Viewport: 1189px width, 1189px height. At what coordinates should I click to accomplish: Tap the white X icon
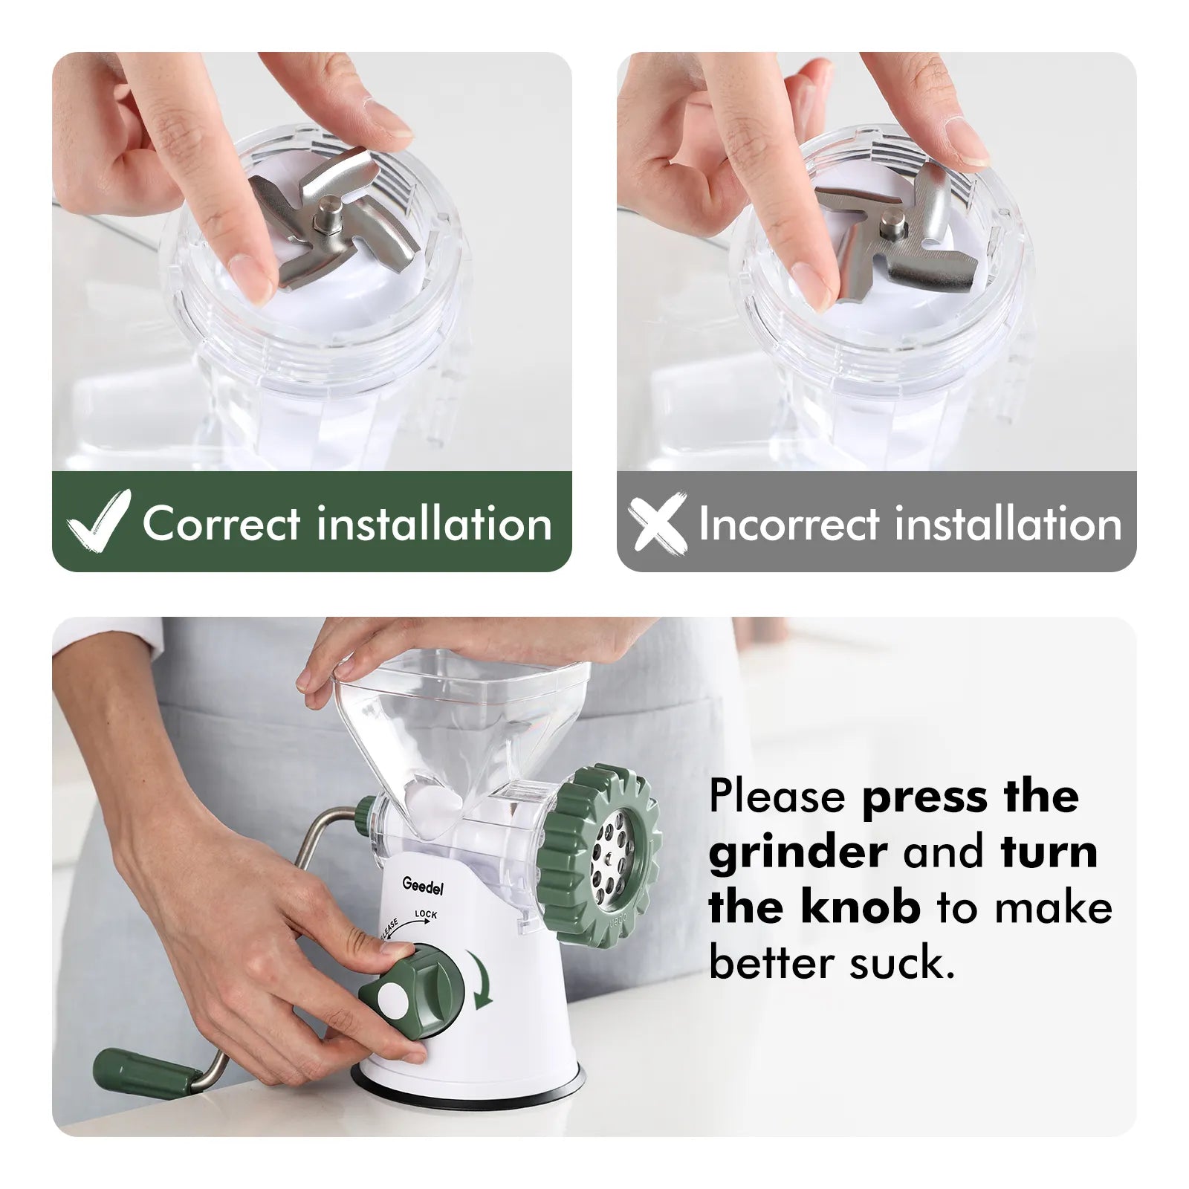coord(657,522)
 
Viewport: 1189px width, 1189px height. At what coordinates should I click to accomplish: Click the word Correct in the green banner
coord(222,524)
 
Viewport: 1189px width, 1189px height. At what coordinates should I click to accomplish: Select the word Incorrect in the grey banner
coord(789,524)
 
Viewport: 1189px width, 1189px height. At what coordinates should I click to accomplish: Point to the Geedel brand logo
coord(422,886)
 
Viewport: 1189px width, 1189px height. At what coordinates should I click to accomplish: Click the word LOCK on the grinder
coord(426,914)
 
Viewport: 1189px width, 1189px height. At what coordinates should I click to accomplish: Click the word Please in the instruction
coord(777,796)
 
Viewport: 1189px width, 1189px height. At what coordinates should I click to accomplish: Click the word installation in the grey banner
coord(1008,524)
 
